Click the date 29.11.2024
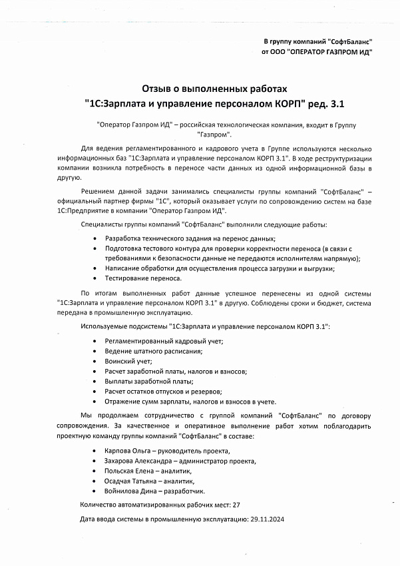(x=266, y=519)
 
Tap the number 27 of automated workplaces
(x=236, y=505)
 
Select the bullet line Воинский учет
(x=128, y=361)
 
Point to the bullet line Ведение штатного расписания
(x=153, y=351)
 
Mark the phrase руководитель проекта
(x=195, y=451)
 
